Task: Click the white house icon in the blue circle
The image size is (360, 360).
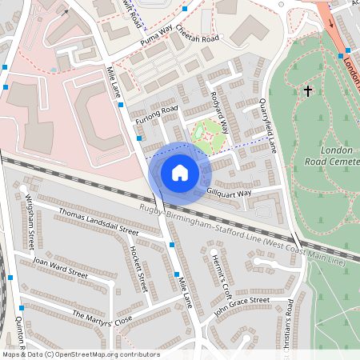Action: coord(180,172)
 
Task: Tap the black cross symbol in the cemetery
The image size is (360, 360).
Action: coord(308,92)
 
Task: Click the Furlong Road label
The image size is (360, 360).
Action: coord(156,115)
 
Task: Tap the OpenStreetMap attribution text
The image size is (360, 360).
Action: coord(80,354)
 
